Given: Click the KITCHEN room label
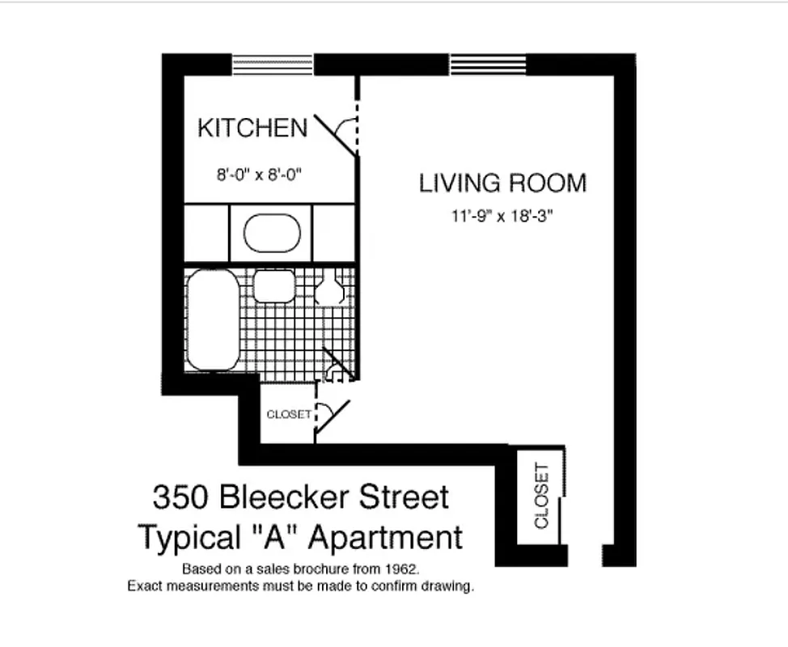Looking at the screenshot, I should pyautogui.click(x=252, y=128).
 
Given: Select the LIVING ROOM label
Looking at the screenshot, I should pyautogui.click(x=502, y=183).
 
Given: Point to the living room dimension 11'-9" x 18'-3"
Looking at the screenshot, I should pyautogui.click(x=502, y=217).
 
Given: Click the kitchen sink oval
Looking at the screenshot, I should pyautogui.click(x=272, y=233).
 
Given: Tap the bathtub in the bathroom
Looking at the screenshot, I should pyautogui.click(x=213, y=320).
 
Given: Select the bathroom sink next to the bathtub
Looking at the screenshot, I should pyautogui.click(x=274, y=286).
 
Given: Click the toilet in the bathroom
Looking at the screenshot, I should pyautogui.click(x=328, y=289).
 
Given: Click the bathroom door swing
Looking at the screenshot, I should pyautogui.click(x=337, y=365).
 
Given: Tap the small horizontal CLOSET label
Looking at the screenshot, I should pyautogui.click(x=288, y=415).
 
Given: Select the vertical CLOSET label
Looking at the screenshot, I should pyautogui.click(x=541, y=495).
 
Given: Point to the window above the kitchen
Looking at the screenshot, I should pyautogui.click(x=272, y=64).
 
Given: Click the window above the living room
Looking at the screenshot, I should pyautogui.click(x=487, y=64).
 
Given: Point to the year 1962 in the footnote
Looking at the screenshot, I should pyautogui.click(x=401, y=568).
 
